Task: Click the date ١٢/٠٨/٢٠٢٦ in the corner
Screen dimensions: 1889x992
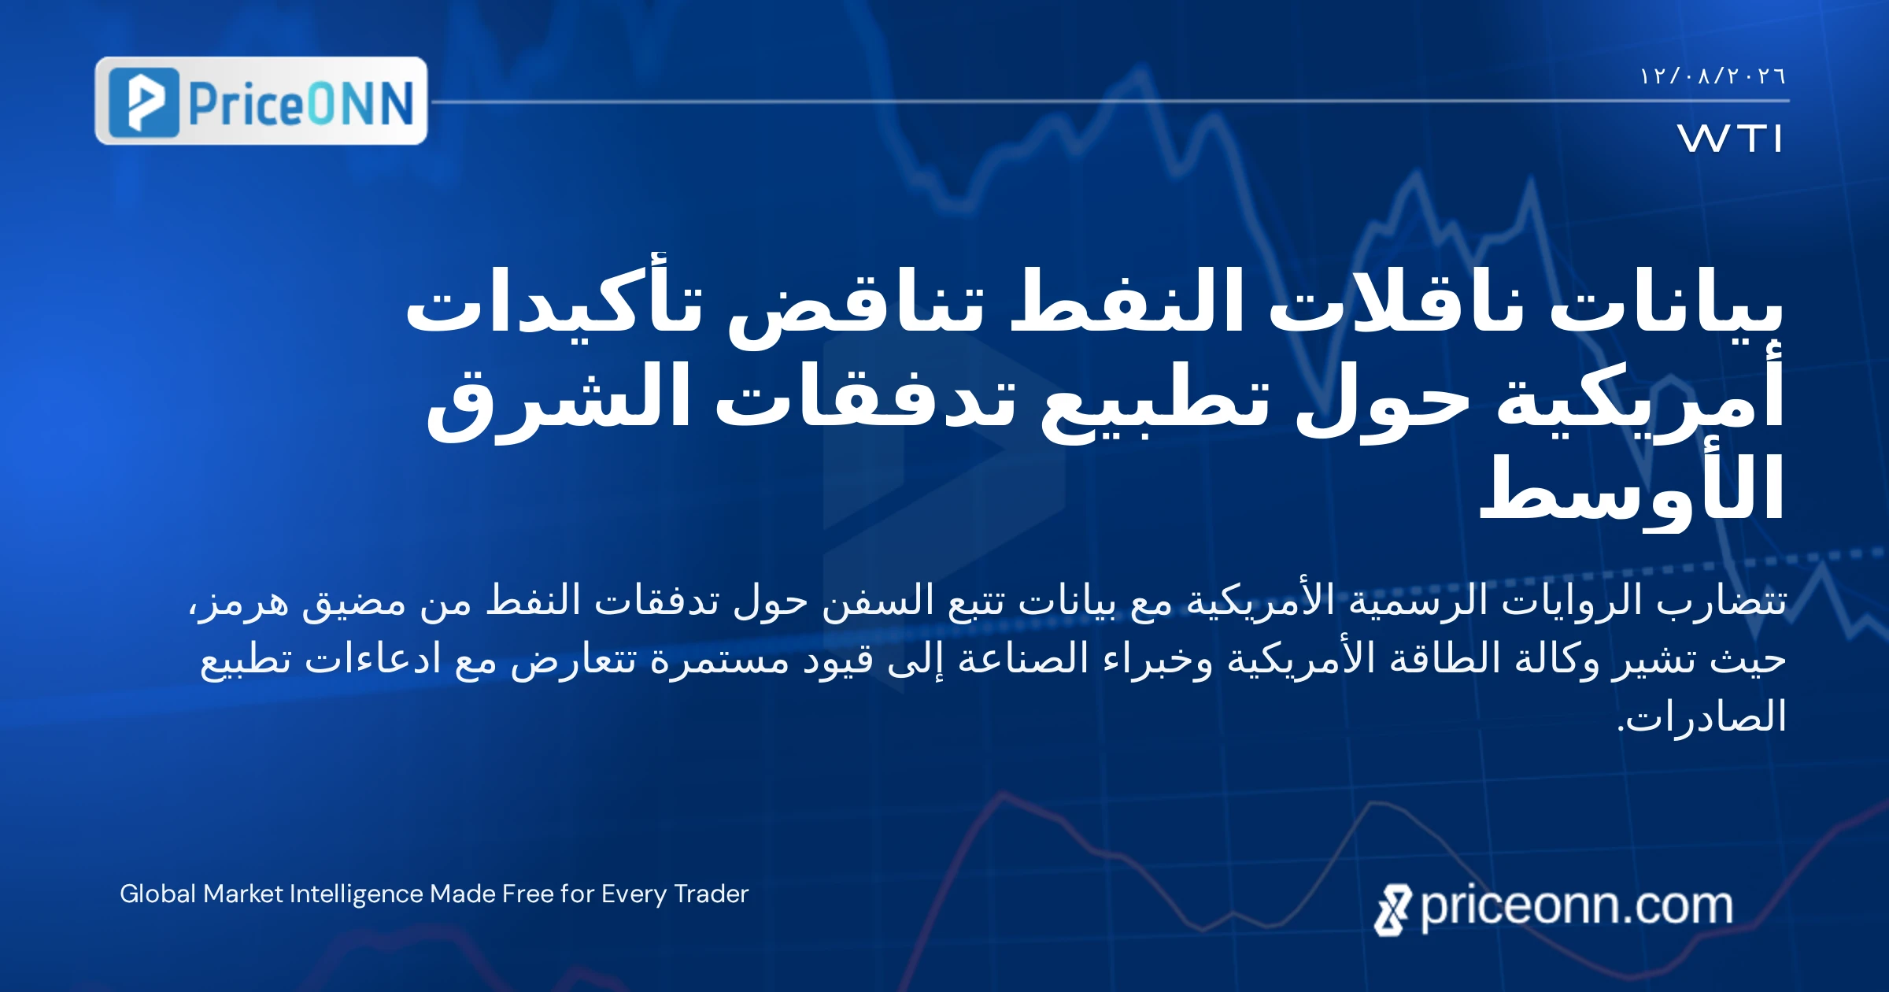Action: point(1713,76)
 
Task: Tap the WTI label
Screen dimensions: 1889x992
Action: point(1729,139)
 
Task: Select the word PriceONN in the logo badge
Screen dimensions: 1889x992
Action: point(301,103)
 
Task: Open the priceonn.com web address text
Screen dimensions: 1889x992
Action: point(1577,907)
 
